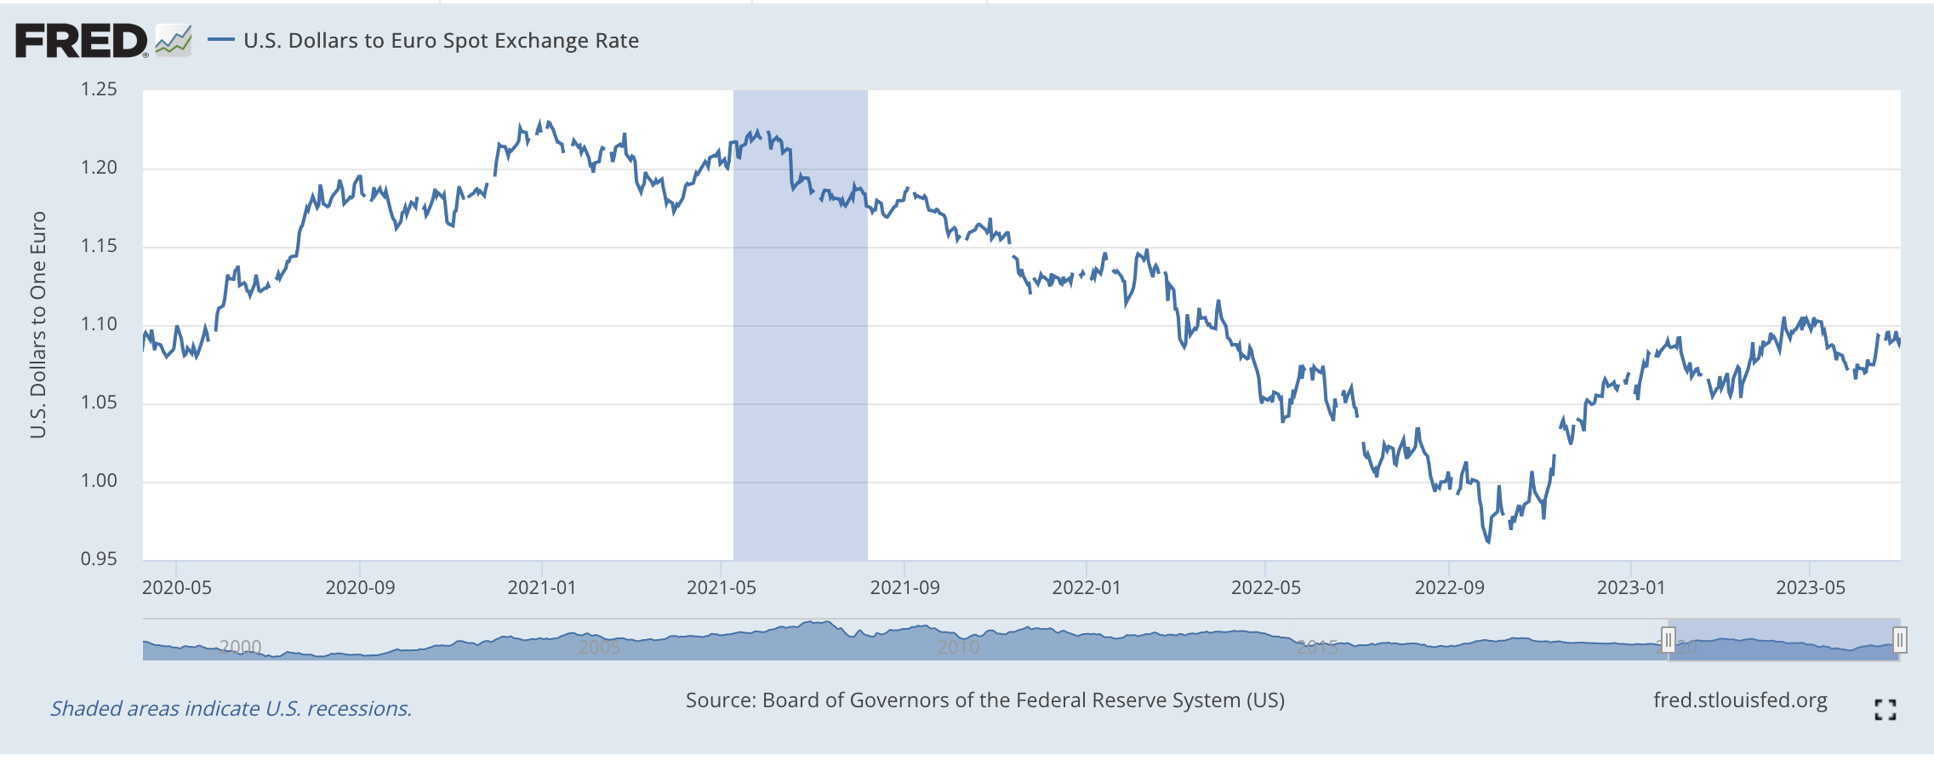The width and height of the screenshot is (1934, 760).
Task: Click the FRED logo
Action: [x=82, y=41]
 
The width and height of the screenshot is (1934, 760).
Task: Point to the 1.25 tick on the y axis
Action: [x=99, y=89]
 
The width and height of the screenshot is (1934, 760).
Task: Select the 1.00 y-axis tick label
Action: [x=99, y=481]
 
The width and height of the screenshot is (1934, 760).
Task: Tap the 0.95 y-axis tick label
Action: [x=99, y=559]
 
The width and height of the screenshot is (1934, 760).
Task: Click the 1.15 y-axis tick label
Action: [x=99, y=246]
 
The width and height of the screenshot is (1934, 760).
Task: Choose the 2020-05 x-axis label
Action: [x=176, y=587]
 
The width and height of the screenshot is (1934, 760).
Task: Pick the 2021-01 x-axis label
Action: [x=542, y=587]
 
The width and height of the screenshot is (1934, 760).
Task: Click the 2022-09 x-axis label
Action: [x=1449, y=587]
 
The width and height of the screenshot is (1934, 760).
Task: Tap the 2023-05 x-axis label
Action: [x=1810, y=587]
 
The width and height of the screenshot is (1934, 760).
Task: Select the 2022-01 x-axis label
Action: [x=1087, y=587]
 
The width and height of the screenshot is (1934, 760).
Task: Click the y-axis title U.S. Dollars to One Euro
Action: [x=38, y=324]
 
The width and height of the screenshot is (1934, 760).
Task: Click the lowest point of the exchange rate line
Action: [x=1488, y=541]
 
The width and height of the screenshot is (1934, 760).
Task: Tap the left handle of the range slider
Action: [x=1669, y=639]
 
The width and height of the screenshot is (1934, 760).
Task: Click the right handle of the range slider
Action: [x=1900, y=639]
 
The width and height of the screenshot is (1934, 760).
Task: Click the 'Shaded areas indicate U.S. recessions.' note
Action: [x=231, y=708]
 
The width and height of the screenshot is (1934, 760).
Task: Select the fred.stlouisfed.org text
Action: [x=1740, y=700]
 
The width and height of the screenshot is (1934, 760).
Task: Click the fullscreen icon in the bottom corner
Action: [x=1886, y=710]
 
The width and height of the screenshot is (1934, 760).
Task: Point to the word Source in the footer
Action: [x=720, y=700]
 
